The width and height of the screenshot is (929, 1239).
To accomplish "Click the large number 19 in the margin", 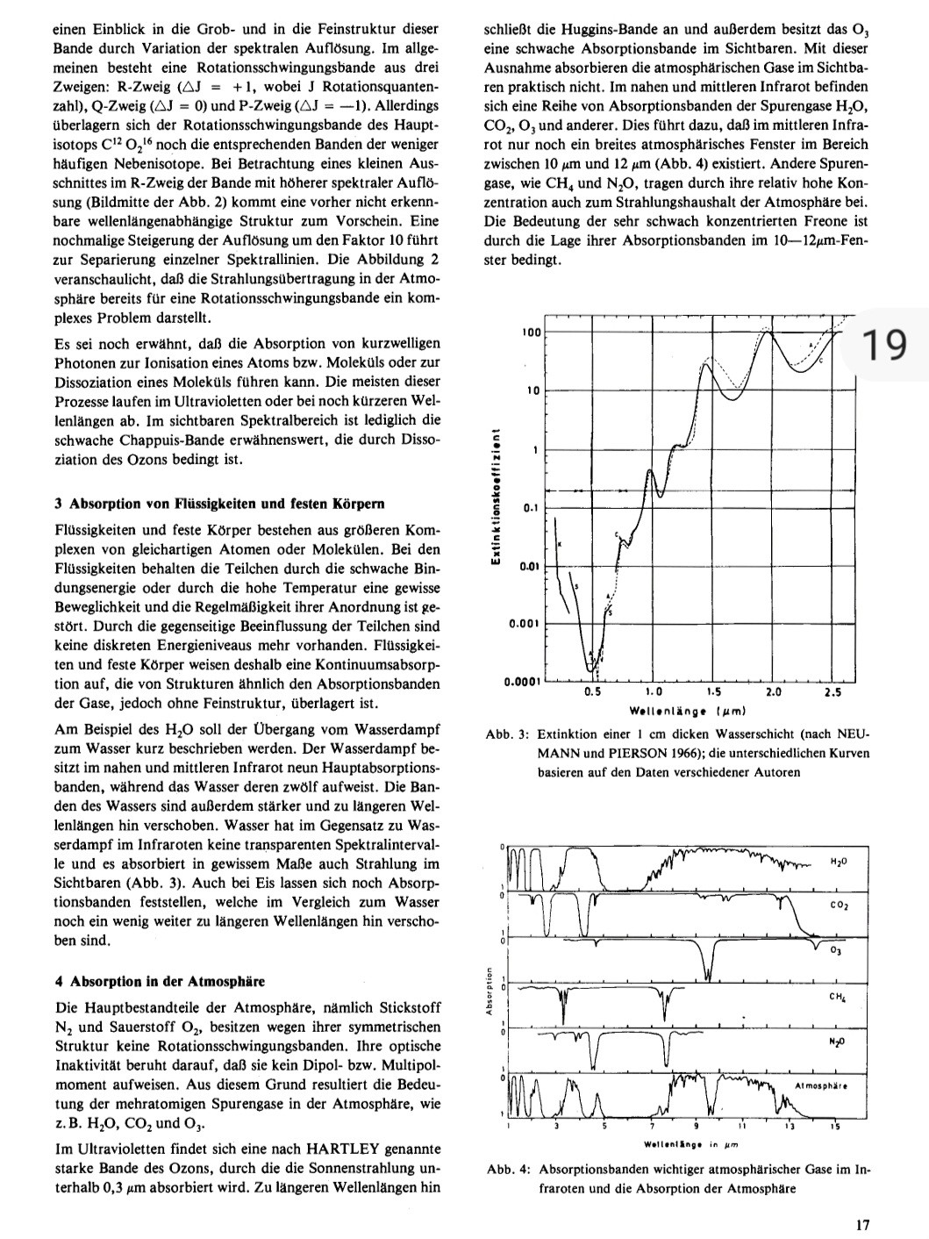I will pyautogui.click(x=883, y=345).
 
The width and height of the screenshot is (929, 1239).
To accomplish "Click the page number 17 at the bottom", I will pyautogui.click(x=864, y=1224).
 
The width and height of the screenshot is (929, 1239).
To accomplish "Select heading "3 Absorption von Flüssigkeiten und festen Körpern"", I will pyautogui.click(x=219, y=504).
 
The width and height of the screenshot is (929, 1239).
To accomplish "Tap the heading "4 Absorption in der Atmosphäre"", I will pyautogui.click(x=160, y=981).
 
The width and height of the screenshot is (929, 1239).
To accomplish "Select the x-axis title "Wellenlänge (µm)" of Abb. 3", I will pyautogui.click(x=687, y=711).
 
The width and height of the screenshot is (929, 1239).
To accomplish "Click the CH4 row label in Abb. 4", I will pyautogui.click(x=837, y=997).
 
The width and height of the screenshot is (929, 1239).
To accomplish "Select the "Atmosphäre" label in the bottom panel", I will pyautogui.click(x=821, y=1085).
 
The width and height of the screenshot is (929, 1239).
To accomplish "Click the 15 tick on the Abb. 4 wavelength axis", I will pyautogui.click(x=836, y=1128).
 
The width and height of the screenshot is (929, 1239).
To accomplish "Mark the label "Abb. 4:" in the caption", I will pyautogui.click(x=506, y=1170).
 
